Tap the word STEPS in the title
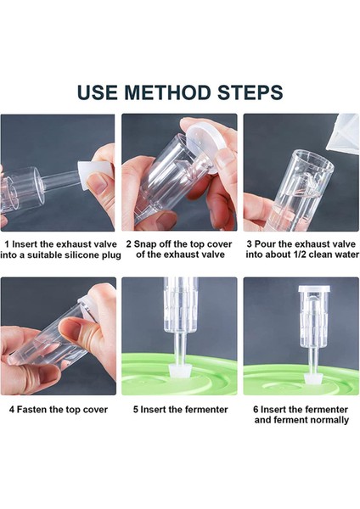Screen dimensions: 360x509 click(x=249, y=92)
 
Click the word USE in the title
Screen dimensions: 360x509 click(x=98, y=92)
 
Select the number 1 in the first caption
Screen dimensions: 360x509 click(x=7, y=244)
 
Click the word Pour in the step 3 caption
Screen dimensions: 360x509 click(x=264, y=244)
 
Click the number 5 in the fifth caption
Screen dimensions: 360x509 click(x=136, y=410)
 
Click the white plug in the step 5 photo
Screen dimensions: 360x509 click(x=179, y=371)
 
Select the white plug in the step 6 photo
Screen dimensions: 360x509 click(x=314, y=378)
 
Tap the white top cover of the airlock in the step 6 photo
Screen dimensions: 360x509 click(x=314, y=289)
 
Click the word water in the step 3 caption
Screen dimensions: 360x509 click(x=347, y=255)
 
